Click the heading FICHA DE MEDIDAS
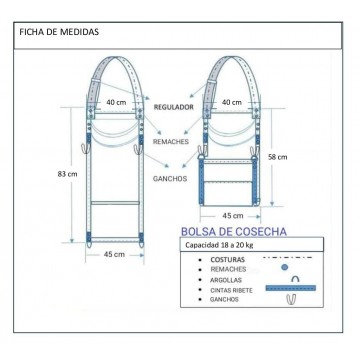point(59,32)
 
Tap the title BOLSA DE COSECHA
point(234,231)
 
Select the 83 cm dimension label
point(67,174)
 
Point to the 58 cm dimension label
point(278,157)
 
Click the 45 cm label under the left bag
point(114,254)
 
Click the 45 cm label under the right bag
point(233,216)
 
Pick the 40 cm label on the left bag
point(116,102)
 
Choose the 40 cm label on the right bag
point(232,102)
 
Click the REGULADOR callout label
point(173,107)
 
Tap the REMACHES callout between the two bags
point(171,142)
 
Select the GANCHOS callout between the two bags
point(170,179)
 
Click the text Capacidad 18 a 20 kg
point(219,245)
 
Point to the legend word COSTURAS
point(228,260)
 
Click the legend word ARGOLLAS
point(226,280)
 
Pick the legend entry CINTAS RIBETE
point(231,290)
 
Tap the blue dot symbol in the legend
point(284,267)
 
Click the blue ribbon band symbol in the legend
point(291,288)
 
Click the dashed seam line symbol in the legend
point(288,258)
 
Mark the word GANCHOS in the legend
point(224,300)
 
